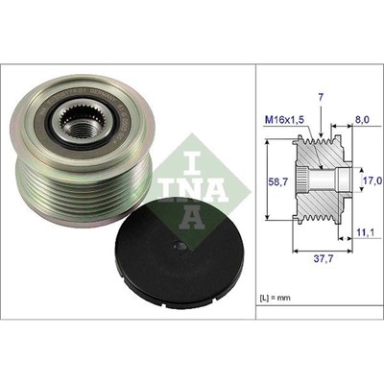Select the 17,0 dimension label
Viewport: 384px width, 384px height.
click(370, 180)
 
